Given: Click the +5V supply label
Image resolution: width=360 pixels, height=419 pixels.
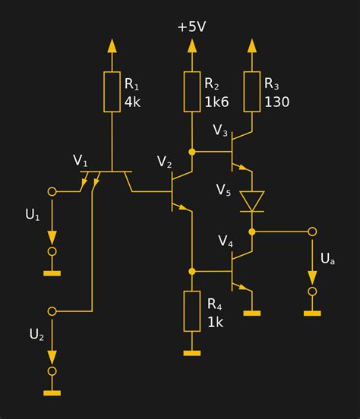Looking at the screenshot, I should point(192,27).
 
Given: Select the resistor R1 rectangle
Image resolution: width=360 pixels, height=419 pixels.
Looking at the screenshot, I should point(112,92).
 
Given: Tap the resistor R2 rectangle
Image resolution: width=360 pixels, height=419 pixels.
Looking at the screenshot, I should point(192,92).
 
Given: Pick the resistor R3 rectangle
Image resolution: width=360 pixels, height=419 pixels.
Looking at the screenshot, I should point(252,92).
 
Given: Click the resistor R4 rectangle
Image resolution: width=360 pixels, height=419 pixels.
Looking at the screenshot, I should point(192,311).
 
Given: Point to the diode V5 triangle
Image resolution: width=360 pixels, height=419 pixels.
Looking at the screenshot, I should point(252,201).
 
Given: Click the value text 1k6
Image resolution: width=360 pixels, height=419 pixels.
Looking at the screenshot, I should point(215,102).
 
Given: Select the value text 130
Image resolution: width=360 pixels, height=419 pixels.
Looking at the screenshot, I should point(277,102).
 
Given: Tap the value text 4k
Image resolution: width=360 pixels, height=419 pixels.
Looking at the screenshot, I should point(132,102).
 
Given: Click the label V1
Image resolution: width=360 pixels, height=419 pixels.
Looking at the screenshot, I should point(81,160).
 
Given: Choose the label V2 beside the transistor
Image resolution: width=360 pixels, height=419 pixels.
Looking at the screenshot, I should point(165,162).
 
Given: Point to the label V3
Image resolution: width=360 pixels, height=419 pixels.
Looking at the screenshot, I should point(220,131).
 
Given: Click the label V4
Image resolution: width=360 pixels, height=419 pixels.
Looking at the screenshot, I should point(226,241).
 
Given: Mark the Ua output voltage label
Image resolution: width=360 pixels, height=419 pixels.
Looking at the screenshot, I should point(327,259).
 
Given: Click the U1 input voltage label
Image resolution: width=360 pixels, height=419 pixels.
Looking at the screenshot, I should point(33,215).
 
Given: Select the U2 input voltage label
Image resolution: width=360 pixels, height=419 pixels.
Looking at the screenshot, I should point(36,334).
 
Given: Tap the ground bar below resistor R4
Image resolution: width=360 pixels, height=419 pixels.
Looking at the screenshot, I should point(192,353).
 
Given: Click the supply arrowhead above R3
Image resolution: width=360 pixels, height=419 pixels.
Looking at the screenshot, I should point(252,45).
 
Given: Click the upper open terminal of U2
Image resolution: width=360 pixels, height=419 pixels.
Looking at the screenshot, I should point(52,311).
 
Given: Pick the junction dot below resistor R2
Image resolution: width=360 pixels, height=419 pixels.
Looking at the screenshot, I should point(192,152).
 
